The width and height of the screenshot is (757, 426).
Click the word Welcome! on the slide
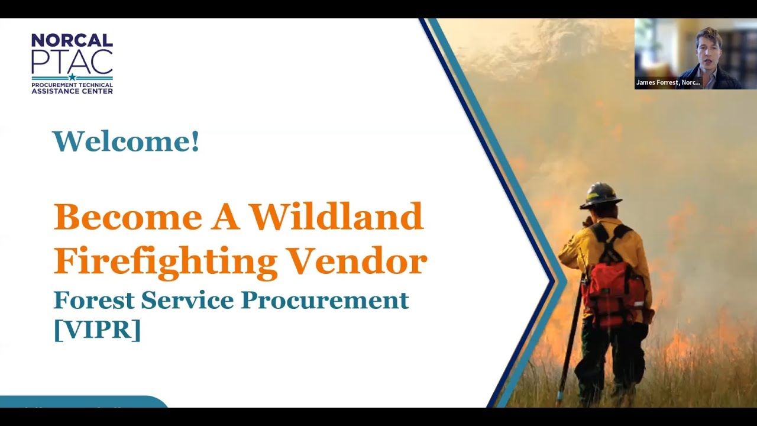coord(126,141)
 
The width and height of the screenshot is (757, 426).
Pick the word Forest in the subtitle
coord(93,300)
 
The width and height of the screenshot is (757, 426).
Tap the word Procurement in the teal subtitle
coord(325,300)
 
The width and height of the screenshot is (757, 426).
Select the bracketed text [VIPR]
coord(97,329)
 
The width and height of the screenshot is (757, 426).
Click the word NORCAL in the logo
coord(72,40)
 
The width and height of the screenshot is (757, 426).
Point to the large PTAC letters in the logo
coord(72,60)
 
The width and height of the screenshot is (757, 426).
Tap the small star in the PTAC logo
coord(72,77)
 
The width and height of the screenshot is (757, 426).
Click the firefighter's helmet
coord(600,195)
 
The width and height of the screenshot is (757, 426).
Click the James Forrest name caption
coord(668,83)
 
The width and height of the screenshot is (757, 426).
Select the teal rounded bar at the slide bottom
coord(83,402)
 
